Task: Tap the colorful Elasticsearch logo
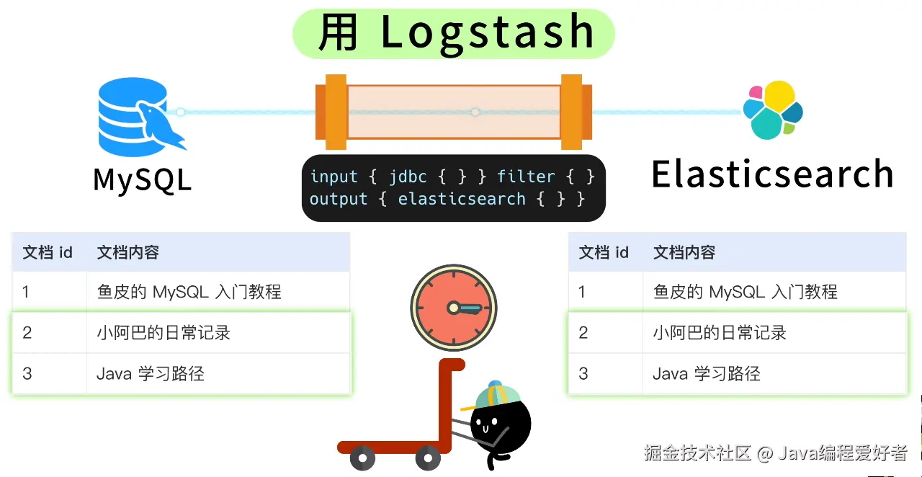pos(773,110)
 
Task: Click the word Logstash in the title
pos(487,33)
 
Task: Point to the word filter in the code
pos(526,177)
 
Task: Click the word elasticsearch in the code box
pos(462,199)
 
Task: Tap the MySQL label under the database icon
pos(143,179)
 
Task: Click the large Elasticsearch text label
pos(772,174)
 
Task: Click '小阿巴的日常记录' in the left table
pos(164,333)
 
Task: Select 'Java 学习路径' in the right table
pos(706,373)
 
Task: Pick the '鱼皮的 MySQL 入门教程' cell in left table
pos(189,292)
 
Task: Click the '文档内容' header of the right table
pos(684,252)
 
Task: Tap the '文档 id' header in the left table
pos(48,252)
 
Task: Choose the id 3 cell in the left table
pos(27,373)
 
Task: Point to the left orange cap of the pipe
pos(336,112)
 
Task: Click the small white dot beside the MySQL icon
pos(181,112)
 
